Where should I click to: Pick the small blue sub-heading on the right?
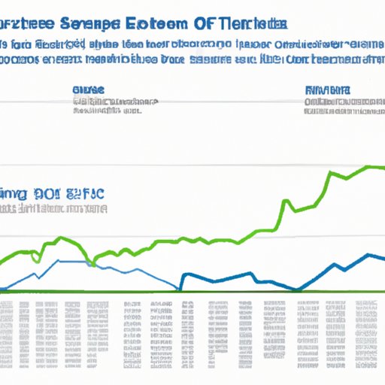329,89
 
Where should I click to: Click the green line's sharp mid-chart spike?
287,202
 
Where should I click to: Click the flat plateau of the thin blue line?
71,261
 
